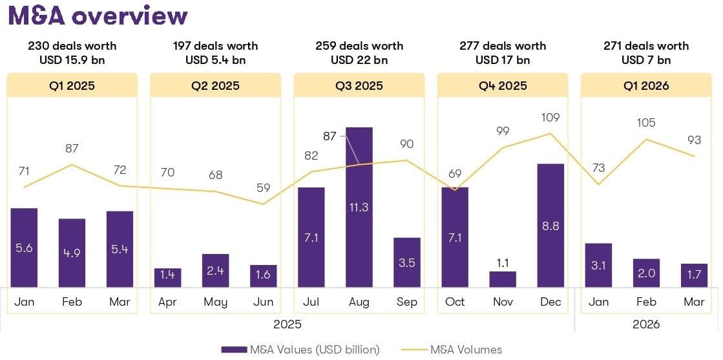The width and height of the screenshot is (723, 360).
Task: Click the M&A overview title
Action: pos(98,16)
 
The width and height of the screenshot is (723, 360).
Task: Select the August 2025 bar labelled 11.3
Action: pos(359,207)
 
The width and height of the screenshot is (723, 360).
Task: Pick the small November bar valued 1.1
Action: pos(503,279)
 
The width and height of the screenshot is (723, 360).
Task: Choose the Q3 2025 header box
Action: pos(359,85)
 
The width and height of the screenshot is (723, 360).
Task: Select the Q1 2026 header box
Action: pos(645,85)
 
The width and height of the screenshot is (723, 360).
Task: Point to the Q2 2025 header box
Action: pos(215,85)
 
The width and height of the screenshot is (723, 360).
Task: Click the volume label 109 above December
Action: pos(550,118)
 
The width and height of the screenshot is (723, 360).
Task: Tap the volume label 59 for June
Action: pos(263,189)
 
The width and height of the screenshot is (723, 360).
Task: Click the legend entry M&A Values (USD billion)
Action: pos(300,350)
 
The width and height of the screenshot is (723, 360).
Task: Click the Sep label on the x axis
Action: pos(406,302)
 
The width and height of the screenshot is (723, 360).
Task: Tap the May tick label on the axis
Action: pos(215,302)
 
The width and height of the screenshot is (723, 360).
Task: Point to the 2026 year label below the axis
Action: pos(645,324)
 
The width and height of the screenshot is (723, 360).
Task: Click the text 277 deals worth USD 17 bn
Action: pos(503,53)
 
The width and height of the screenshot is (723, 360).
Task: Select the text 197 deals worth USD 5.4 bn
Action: pos(215,53)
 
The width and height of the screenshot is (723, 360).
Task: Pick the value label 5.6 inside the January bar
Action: pos(24,248)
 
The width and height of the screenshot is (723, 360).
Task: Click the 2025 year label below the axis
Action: pos(287,324)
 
